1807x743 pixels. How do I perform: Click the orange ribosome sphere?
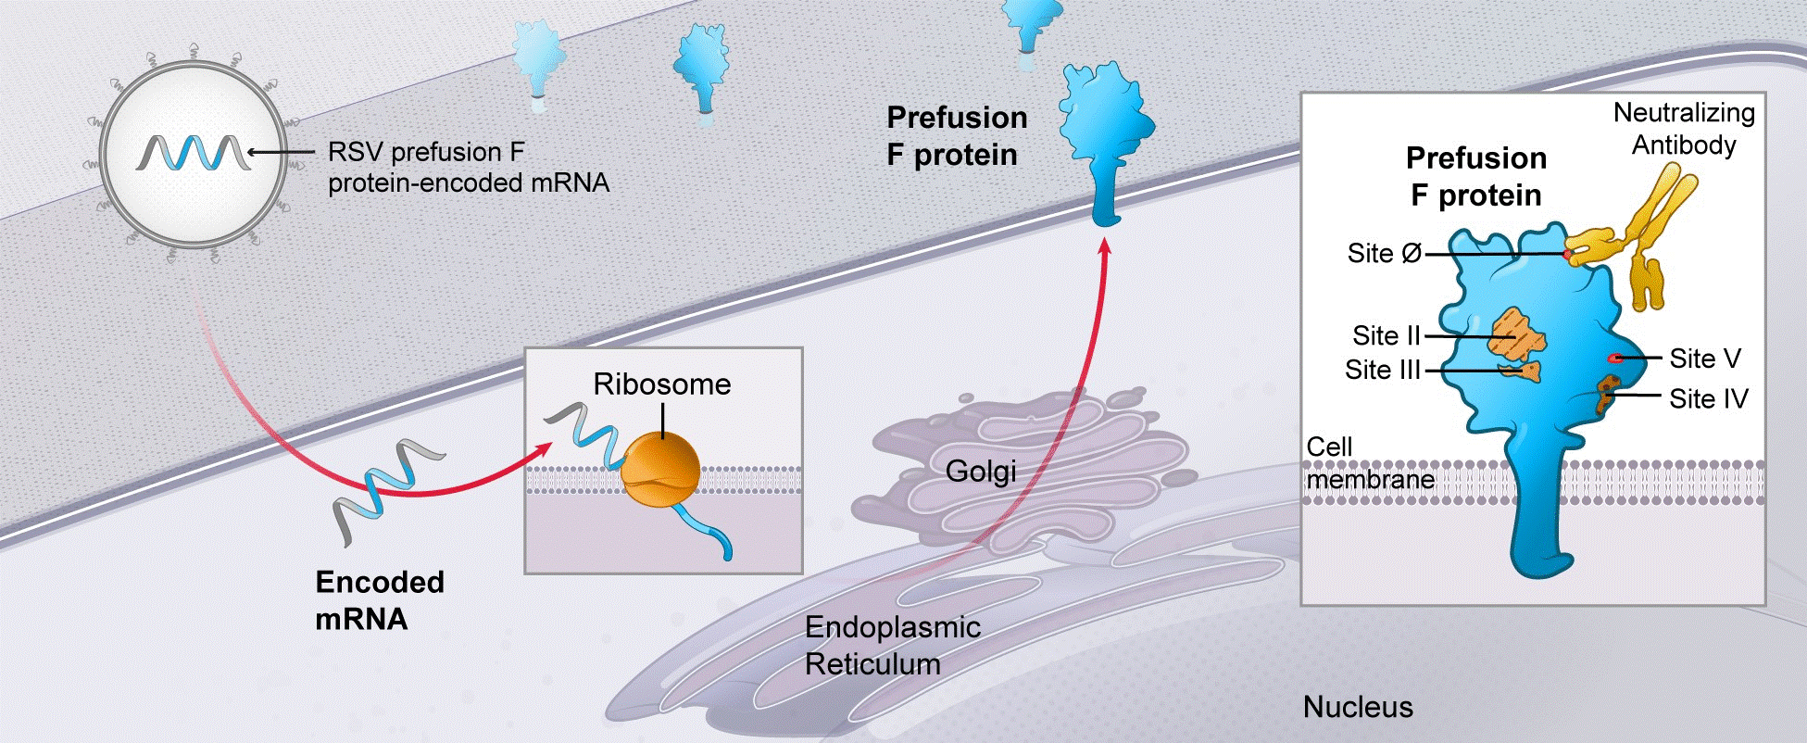point(660,470)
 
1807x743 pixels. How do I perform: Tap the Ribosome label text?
point(661,384)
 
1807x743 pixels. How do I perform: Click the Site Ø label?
point(1384,253)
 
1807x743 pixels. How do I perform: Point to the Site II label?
point(1386,335)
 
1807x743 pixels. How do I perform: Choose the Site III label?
point(1382,370)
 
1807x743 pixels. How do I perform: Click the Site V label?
point(1704,358)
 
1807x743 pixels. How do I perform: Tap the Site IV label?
point(1708,398)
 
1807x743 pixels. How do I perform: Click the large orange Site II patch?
point(1515,336)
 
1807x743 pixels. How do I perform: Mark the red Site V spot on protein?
point(1614,358)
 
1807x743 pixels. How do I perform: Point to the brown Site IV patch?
point(1607,393)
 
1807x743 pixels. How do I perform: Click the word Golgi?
point(980,472)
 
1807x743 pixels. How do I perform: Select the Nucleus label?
point(1358,707)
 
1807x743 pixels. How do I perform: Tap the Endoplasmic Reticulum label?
point(891,646)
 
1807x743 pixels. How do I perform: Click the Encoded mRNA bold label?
point(379,599)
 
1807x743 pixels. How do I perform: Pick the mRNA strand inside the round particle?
point(193,153)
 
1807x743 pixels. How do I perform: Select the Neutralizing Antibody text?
point(1683,129)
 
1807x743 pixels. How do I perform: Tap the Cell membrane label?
point(1369,463)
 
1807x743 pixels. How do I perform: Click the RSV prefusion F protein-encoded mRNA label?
point(468,168)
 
